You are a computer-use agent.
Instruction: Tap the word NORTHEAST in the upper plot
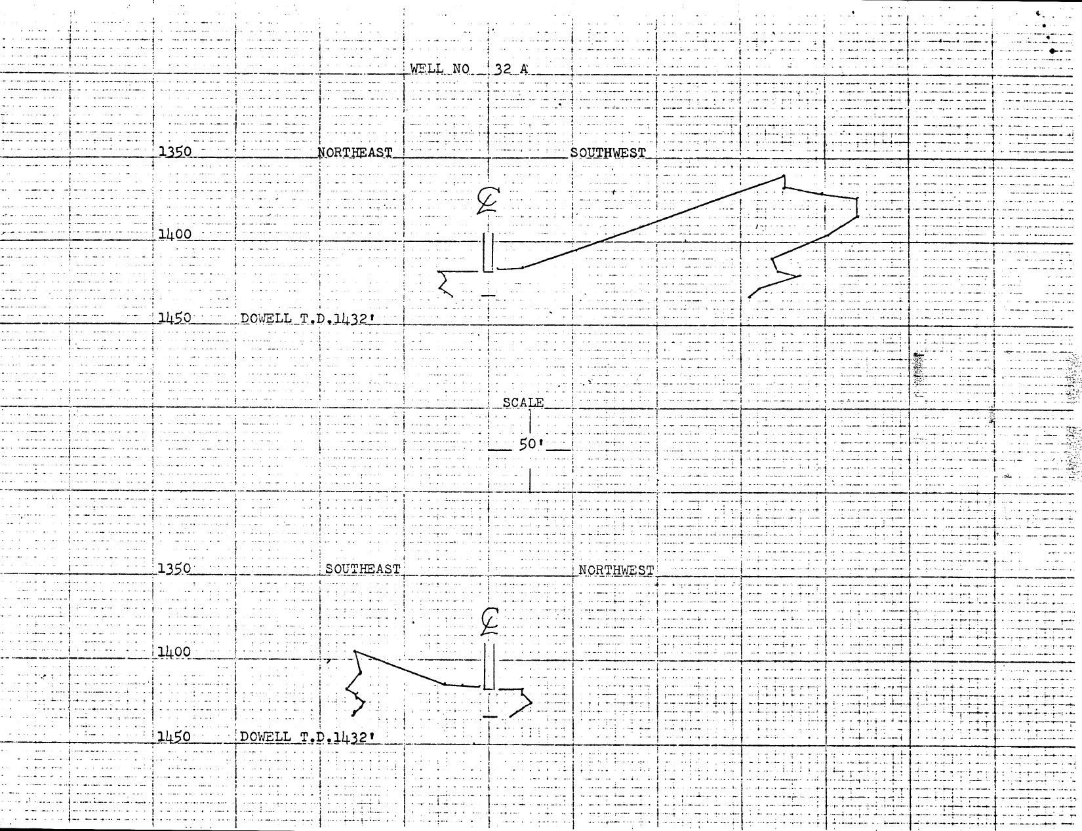click(x=355, y=153)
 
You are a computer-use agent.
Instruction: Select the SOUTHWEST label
click(x=608, y=153)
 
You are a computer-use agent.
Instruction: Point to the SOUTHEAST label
click(x=363, y=569)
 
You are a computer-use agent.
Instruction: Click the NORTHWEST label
click(x=616, y=570)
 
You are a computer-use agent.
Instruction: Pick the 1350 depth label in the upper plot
click(x=175, y=151)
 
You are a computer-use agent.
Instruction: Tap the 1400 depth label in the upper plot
click(x=175, y=234)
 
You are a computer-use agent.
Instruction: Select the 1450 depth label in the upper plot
click(x=175, y=318)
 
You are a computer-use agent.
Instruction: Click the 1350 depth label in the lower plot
click(x=174, y=568)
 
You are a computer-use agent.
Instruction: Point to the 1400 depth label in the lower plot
click(x=174, y=652)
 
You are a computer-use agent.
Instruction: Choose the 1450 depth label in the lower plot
click(x=174, y=736)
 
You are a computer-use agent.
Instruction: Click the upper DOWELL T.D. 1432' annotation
click(x=311, y=319)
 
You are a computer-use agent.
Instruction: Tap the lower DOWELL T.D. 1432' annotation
click(x=311, y=737)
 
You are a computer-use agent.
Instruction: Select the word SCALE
click(x=523, y=402)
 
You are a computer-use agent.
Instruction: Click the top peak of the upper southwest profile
click(x=784, y=176)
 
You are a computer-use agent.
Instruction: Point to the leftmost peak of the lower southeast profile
click(x=355, y=651)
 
